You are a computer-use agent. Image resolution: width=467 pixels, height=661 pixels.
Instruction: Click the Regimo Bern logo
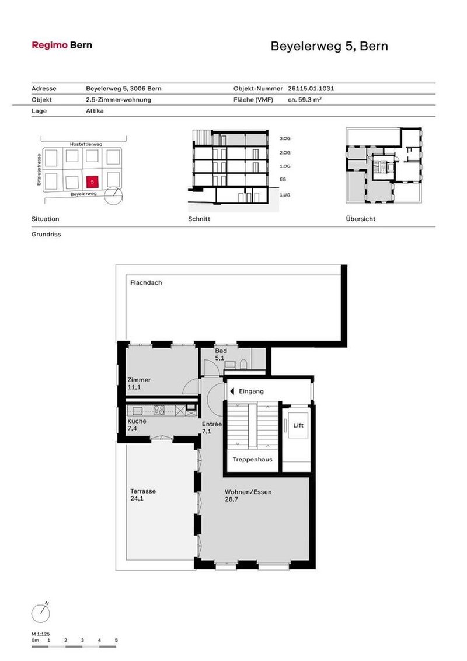pyautogui.click(x=61, y=45)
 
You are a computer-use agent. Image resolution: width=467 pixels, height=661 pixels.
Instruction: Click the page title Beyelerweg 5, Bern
pyautogui.click(x=329, y=46)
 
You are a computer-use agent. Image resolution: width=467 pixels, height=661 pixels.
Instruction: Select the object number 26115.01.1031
pyautogui.click(x=311, y=89)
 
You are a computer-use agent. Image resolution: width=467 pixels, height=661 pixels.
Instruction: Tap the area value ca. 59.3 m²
pyautogui.click(x=305, y=100)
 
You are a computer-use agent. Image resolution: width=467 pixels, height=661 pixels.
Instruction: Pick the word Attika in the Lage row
pyautogui.click(x=95, y=110)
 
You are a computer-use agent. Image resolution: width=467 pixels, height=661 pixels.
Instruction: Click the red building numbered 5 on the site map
pyautogui.click(x=92, y=181)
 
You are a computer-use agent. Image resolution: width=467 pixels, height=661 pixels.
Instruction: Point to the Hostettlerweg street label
pyautogui.click(x=85, y=144)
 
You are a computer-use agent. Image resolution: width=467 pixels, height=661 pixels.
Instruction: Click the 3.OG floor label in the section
pyautogui.click(x=285, y=139)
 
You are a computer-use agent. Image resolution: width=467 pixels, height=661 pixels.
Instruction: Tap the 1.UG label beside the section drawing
pyautogui.click(x=285, y=194)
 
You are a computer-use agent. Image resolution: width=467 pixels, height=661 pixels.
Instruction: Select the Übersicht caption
pyautogui.click(x=360, y=219)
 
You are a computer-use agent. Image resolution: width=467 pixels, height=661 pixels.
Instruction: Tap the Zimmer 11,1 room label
pyautogui.click(x=139, y=383)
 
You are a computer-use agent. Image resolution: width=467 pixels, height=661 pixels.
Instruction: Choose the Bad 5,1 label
pyautogui.click(x=220, y=354)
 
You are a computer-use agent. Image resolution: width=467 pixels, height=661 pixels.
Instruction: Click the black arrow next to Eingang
pyautogui.click(x=232, y=391)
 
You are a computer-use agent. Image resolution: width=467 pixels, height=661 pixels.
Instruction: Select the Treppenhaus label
pyautogui.click(x=252, y=460)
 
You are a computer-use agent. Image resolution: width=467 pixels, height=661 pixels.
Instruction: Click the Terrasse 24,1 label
pyautogui.click(x=143, y=495)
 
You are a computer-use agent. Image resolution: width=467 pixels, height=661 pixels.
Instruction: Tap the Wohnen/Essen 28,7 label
pyautogui.click(x=248, y=495)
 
